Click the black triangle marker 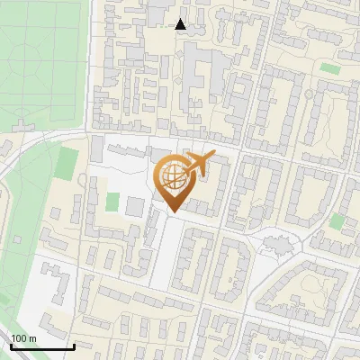point(181,23)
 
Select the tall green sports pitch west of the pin point(67,163)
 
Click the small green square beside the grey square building point(112,202)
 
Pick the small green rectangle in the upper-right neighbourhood point(330,68)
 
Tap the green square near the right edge point(337,221)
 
